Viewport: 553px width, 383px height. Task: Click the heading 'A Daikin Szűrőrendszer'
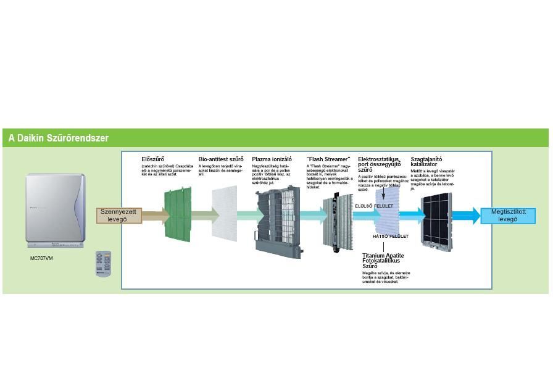tap(59, 138)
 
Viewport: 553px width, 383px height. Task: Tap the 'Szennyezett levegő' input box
tap(118, 216)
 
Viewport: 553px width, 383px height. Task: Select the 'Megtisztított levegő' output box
tap(508, 216)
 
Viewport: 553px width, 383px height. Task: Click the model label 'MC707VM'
tap(41, 258)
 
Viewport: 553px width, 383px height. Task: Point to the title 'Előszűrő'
tap(153, 159)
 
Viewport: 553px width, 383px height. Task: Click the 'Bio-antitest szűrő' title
tap(221, 159)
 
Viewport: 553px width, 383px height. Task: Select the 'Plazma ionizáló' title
tap(272, 159)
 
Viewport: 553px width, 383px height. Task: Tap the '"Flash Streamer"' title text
tap(328, 159)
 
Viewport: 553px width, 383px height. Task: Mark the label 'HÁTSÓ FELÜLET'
tap(391, 236)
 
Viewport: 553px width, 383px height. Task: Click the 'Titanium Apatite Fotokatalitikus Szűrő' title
tap(383, 261)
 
